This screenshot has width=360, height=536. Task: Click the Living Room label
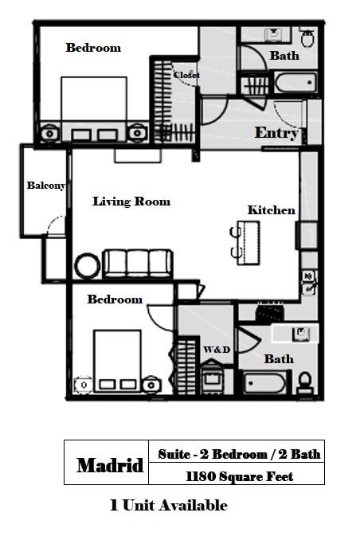[131, 201]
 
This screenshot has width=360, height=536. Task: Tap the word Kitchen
[271, 210]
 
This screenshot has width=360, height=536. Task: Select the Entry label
[276, 133]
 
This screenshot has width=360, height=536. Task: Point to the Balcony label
[45, 186]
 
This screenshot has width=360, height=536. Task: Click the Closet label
[186, 75]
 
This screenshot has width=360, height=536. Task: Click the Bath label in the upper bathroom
[284, 56]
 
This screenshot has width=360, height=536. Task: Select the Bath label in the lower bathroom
[279, 359]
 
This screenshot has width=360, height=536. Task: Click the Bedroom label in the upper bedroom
[93, 48]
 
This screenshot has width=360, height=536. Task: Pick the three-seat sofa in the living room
[138, 263]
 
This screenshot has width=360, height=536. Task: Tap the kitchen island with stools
[248, 242]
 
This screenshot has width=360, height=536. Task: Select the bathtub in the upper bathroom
[295, 83]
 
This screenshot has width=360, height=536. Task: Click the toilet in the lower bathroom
[304, 384]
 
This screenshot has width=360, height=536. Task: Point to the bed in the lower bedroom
[117, 361]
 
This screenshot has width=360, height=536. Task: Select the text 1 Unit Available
[168, 505]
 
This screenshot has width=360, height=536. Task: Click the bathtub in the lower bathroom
[266, 384]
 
